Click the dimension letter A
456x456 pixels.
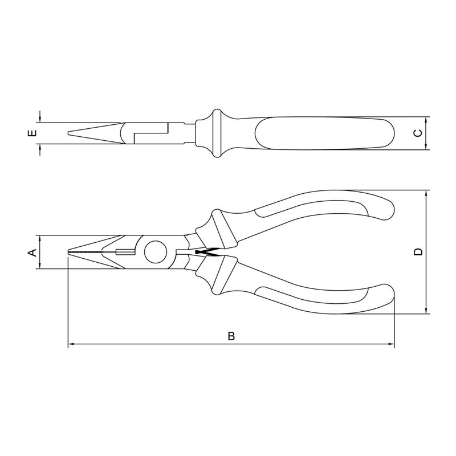32,252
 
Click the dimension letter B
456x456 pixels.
231,336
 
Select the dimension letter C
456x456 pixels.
418,133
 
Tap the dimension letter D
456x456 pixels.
418,252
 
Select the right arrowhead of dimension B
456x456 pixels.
391,344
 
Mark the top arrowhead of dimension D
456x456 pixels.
426,194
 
